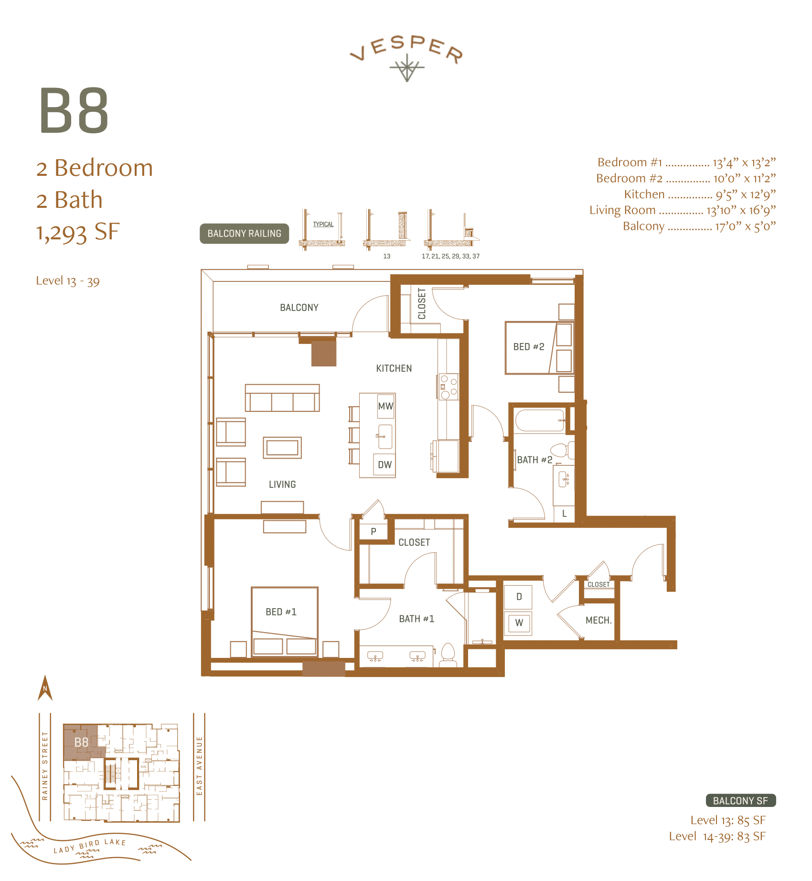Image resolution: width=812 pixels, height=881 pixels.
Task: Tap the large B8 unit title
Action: [74, 111]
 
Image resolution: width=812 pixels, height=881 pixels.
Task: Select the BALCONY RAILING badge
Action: [244, 234]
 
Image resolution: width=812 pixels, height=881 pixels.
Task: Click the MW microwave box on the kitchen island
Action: [385, 406]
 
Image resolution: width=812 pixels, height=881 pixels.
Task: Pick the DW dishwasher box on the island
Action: [385, 464]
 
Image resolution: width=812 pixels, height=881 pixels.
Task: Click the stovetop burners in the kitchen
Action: [449, 387]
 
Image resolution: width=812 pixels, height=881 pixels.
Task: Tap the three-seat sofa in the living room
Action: [282, 398]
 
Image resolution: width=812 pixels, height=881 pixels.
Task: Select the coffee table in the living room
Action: [282, 448]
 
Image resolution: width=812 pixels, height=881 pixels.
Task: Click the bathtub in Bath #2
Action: [539, 420]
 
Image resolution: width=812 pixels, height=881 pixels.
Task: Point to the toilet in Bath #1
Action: [448, 654]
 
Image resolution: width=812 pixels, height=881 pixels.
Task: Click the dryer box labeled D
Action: [518, 597]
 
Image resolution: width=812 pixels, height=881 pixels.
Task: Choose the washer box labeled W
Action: [518, 623]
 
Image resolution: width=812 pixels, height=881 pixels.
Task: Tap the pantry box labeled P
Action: [374, 531]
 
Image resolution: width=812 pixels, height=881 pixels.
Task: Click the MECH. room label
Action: [598, 620]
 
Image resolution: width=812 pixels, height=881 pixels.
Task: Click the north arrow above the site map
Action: [45, 688]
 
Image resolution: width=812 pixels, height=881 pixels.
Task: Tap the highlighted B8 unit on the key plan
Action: [81, 742]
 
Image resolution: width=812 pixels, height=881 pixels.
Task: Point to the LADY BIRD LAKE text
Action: [90, 846]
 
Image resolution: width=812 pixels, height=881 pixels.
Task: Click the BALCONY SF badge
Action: [740, 801]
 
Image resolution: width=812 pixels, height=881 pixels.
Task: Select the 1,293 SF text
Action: [78, 232]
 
